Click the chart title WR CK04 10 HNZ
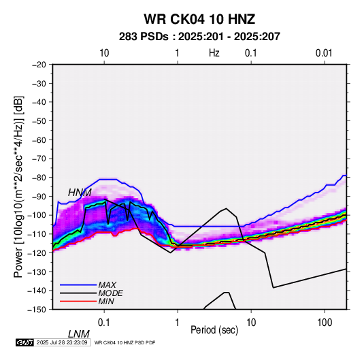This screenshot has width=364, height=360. tap(199, 19)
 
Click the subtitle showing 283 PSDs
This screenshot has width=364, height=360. tap(199, 37)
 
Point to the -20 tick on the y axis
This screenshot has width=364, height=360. tap(39, 65)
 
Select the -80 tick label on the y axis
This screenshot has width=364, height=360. tap(39, 178)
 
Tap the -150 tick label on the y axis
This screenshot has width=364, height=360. tap(37, 310)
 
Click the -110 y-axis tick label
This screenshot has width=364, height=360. tap(37, 234)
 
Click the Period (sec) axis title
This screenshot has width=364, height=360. tap(214, 330)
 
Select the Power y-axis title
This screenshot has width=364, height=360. tap(18, 186)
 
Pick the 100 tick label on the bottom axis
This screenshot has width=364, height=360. tap(325, 323)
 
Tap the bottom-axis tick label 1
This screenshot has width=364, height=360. tap(177, 323)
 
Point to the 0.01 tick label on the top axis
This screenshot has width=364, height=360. tap(324, 53)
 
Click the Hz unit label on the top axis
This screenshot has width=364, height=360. tap(214, 53)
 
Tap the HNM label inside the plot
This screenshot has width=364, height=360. tap(80, 193)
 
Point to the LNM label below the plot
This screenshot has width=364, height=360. tap(79, 334)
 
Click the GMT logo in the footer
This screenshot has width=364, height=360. tap(25, 342)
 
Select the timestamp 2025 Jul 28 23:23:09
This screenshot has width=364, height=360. tap(62, 342)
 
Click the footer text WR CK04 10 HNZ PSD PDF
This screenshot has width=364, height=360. tap(125, 342)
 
